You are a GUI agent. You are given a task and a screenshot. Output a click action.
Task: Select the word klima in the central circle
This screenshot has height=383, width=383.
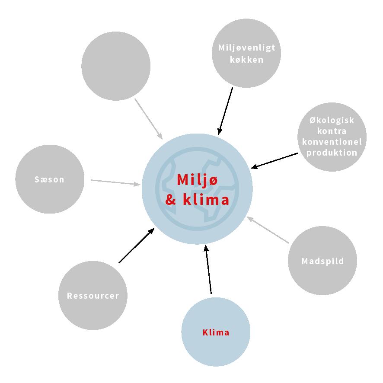(206, 200)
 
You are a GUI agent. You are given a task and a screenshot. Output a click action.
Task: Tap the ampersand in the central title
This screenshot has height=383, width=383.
(170, 201)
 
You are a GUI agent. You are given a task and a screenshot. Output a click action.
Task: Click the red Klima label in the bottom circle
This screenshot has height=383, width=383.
(216, 332)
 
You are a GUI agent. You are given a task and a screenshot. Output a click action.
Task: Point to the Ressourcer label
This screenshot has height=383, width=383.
(93, 296)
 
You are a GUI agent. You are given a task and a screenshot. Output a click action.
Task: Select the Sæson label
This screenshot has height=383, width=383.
(50, 179)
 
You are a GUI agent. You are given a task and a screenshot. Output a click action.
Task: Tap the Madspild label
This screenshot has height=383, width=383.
(322, 261)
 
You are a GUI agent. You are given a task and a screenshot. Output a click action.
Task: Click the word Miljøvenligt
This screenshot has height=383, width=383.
(246, 48)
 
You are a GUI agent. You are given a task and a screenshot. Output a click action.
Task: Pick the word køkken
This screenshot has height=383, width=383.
(246, 60)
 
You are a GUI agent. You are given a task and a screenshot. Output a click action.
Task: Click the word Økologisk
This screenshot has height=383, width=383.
(332, 121)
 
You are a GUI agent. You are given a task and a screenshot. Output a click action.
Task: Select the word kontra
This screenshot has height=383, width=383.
(332, 131)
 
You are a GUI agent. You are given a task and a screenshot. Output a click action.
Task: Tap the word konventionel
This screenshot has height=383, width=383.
(332, 142)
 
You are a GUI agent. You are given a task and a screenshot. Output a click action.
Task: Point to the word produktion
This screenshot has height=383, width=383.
(332, 153)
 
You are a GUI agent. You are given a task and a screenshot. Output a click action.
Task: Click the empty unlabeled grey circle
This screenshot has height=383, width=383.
(116, 66)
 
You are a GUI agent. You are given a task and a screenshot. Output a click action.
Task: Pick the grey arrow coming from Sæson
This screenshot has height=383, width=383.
(116, 182)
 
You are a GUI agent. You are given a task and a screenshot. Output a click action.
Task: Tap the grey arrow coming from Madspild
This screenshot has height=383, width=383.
(268, 230)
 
